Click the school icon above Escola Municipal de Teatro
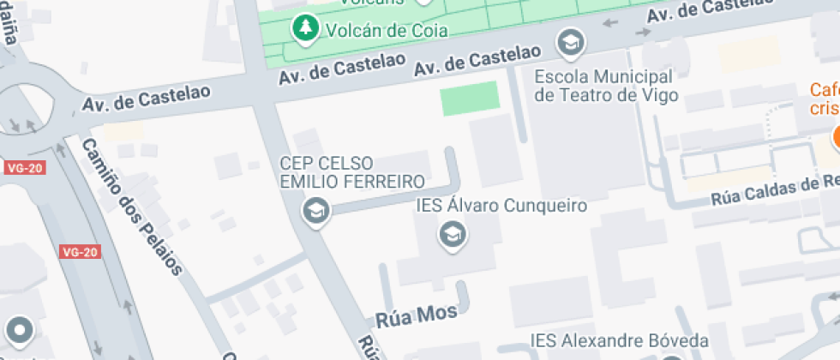click(569, 40)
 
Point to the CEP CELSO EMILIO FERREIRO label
click(352, 171)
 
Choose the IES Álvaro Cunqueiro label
click(501, 206)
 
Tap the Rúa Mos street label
click(417, 315)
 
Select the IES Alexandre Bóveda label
click(620, 341)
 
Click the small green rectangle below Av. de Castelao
click(469, 99)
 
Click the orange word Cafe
click(825, 89)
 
